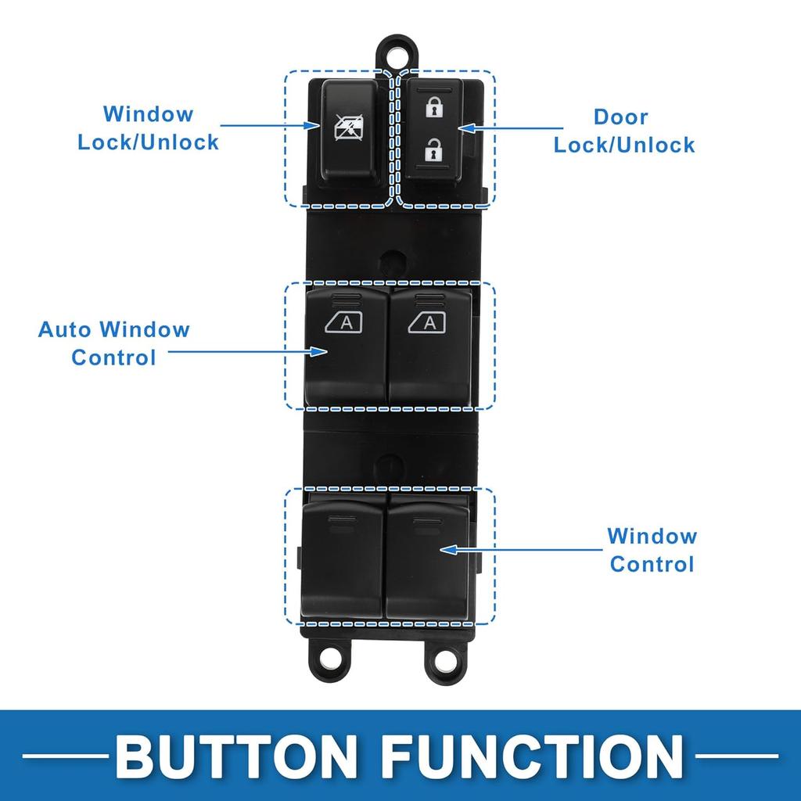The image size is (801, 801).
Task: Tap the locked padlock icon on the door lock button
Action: pos(431,108)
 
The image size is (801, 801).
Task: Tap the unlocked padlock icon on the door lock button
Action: pos(431,149)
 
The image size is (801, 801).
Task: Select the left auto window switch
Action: pos(346,344)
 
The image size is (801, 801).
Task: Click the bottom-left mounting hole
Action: pos(332,659)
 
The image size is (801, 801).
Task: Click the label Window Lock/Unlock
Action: pos(148,128)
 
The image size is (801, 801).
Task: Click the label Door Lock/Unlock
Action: pos(623,131)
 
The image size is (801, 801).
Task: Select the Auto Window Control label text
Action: pos(114,343)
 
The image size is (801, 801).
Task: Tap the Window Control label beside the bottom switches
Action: pos(652,550)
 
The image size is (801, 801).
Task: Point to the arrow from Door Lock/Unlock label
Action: pos(508,127)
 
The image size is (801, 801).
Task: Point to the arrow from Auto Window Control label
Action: pos(246,352)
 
